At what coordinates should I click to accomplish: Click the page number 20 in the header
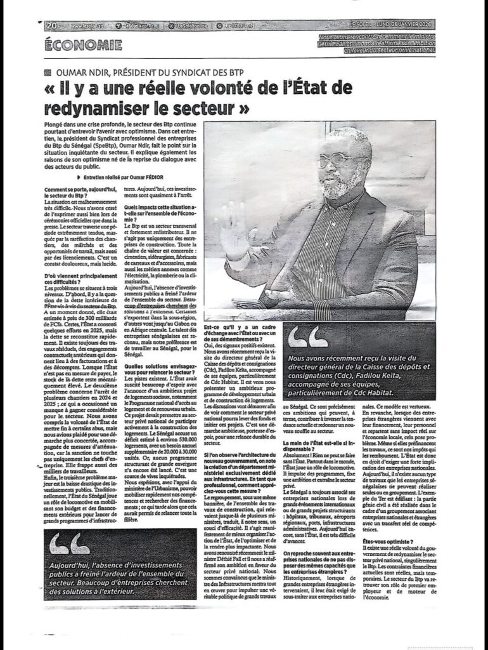coord(51,26)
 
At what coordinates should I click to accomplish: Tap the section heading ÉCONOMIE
coord(84,45)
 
